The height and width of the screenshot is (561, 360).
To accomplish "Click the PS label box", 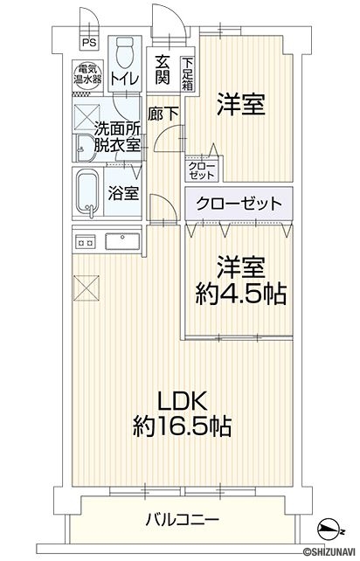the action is click(89, 43).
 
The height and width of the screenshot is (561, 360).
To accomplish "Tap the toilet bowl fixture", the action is click(125, 52).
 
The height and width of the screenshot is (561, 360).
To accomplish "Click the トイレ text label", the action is click(124, 79).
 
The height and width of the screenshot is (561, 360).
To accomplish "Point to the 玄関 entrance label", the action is click(163, 71).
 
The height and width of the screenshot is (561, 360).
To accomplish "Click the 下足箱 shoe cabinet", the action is click(188, 74).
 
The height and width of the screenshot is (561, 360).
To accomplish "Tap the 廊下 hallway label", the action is click(163, 114).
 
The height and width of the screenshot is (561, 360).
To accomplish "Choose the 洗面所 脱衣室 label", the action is click(117, 137).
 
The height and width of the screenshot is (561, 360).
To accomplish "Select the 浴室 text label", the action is click(123, 194).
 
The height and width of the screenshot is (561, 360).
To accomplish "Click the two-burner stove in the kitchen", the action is click(85, 243).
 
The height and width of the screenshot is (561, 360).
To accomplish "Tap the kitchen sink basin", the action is click(122, 241).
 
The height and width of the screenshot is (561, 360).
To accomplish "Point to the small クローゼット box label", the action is click(202, 170).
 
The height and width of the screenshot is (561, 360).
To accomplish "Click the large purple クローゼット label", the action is click(239, 204).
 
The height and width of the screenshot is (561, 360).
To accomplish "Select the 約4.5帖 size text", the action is click(240, 294).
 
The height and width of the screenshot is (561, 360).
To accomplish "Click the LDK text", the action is click(183, 401).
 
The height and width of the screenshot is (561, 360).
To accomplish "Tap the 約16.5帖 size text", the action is click(182, 426).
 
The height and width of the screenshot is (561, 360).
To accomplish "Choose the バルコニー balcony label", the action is click(182, 518).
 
